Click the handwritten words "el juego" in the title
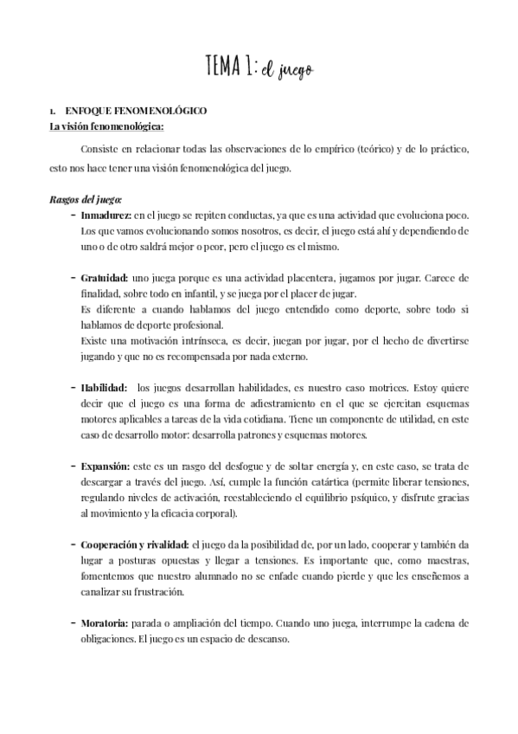[x=286, y=69]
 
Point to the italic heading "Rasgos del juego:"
[x=85, y=199]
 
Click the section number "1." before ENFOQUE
[x=54, y=113]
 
